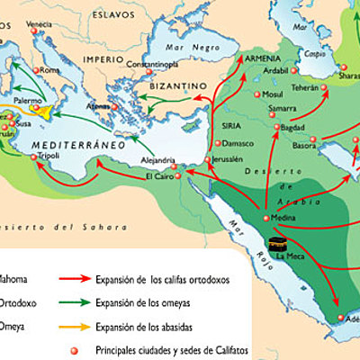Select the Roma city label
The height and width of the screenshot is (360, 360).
tap(49, 70)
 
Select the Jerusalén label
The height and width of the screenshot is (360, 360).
tap(229, 159)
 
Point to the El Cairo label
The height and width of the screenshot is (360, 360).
tap(158, 177)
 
